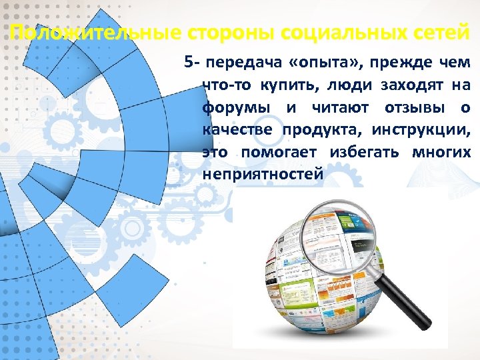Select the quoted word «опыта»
(326, 63)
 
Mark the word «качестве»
(237, 130)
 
